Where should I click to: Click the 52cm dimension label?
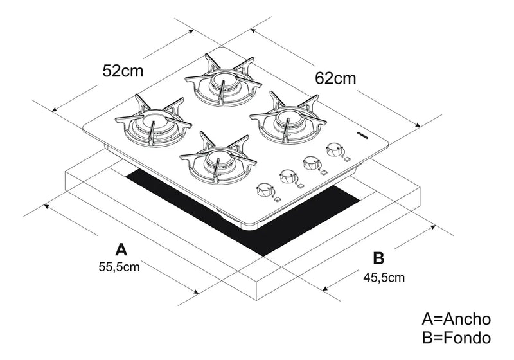tap(123, 70)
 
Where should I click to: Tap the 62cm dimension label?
tap(335, 78)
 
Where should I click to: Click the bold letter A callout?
tap(120, 248)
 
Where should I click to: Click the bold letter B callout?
tap(378, 258)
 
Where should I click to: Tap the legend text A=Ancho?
tap(456, 319)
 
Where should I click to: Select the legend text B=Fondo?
tap(456, 338)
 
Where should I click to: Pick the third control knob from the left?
tap(312, 163)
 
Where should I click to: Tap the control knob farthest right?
tap(333, 150)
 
